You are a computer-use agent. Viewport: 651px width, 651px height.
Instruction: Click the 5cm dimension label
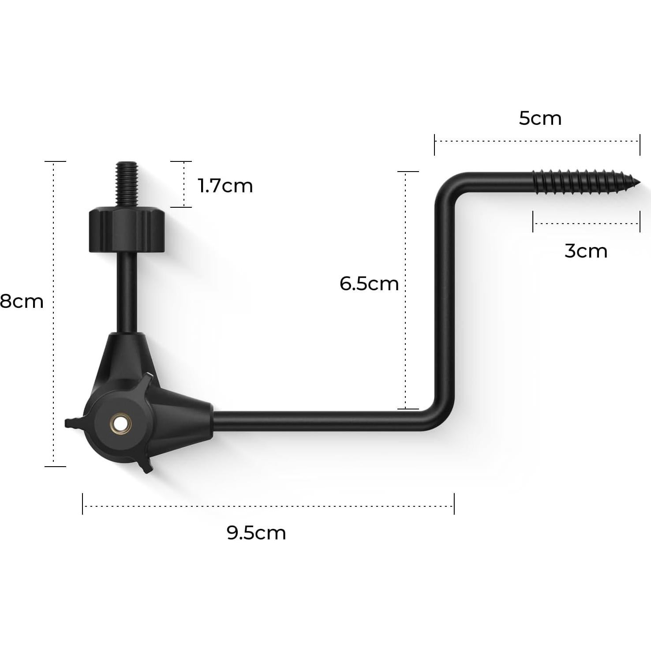pos(540,119)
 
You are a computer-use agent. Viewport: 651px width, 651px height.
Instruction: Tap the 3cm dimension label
pos(586,251)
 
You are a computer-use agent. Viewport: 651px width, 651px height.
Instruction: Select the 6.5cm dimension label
pos(369,284)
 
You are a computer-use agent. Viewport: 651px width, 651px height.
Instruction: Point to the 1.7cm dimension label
pos(225,186)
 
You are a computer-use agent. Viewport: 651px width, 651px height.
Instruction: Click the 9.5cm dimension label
pos(256,533)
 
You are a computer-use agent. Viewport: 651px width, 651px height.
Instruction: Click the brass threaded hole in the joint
pos(120,424)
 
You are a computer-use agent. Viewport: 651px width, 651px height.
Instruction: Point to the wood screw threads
pos(582,181)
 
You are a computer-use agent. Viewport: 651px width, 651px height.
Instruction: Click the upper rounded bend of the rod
pos(448,185)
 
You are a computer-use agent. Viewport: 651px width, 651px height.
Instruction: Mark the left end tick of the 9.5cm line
pos(82,504)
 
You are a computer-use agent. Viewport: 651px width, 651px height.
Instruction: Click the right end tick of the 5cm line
pos(640,145)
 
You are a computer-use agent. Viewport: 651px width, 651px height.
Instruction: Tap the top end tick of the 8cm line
pos(55,161)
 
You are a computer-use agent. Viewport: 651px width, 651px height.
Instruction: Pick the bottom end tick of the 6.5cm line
pos(408,409)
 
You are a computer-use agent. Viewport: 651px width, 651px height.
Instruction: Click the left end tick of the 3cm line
pos(533,221)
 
